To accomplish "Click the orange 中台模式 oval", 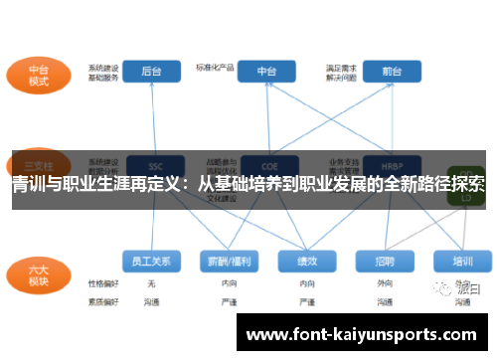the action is click(39, 76).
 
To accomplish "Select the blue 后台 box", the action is click(151, 72).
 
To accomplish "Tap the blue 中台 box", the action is click(267, 72).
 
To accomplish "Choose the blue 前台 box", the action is click(378, 72).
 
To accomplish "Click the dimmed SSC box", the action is click(155, 165).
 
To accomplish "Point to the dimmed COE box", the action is click(267, 165).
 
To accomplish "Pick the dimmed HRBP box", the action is click(379, 165).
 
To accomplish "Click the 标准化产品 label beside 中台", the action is click(215, 68).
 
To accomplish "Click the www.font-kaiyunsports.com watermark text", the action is click(362, 335).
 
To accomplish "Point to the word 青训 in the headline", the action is click(27, 184).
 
